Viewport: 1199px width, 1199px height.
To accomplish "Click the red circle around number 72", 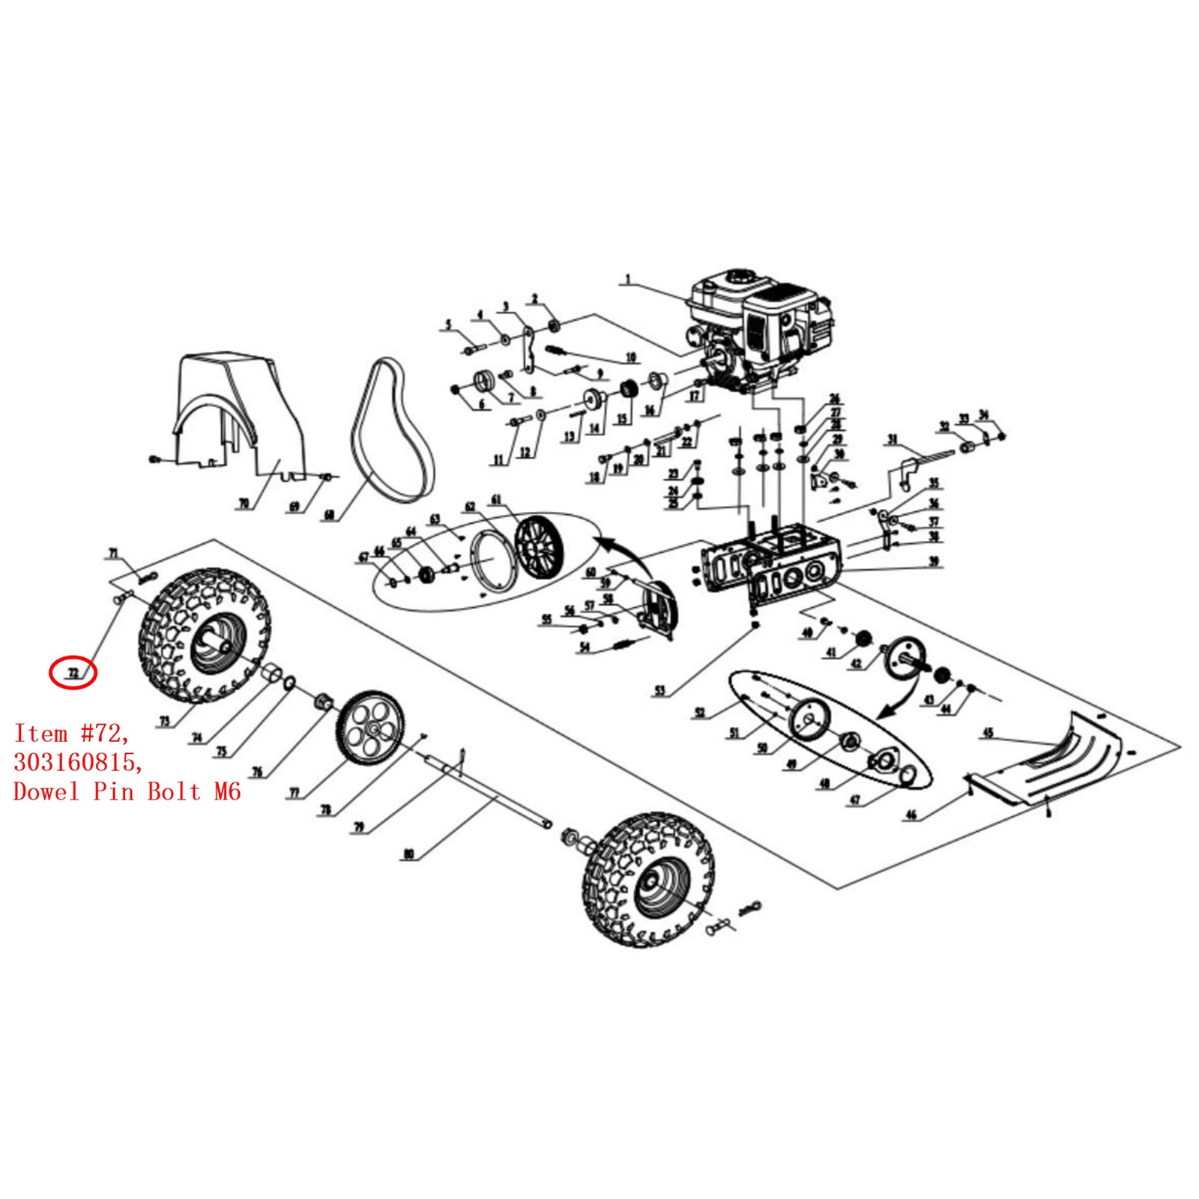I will (73, 672).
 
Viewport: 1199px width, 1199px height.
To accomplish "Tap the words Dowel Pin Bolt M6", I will (127, 791).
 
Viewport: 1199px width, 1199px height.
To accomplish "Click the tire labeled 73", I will (204, 635).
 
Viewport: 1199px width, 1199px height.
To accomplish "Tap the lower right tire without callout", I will (648, 878).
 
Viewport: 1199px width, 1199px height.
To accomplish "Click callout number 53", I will (659, 690).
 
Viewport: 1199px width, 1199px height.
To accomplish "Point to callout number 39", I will (934, 561).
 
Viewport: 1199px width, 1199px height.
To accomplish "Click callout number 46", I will (911, 815).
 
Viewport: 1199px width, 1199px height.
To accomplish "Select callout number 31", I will (892, 439).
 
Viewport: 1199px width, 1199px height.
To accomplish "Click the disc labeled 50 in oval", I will (809, 720).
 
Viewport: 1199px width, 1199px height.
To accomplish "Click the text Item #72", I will (71, 733).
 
